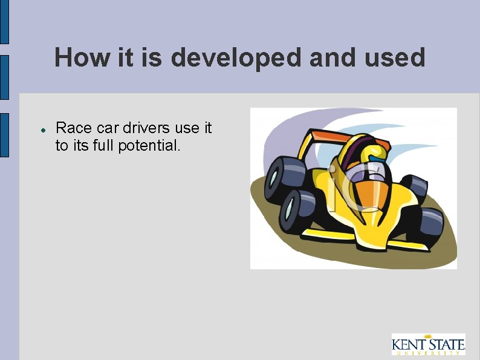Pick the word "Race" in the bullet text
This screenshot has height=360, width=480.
pos(74,128)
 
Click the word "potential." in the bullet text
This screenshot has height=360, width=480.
pos(152,146)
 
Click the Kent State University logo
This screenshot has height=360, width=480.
pos(428,344)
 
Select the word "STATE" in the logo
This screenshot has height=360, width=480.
pos(447,345)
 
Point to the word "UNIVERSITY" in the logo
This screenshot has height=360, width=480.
pos(428,353)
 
